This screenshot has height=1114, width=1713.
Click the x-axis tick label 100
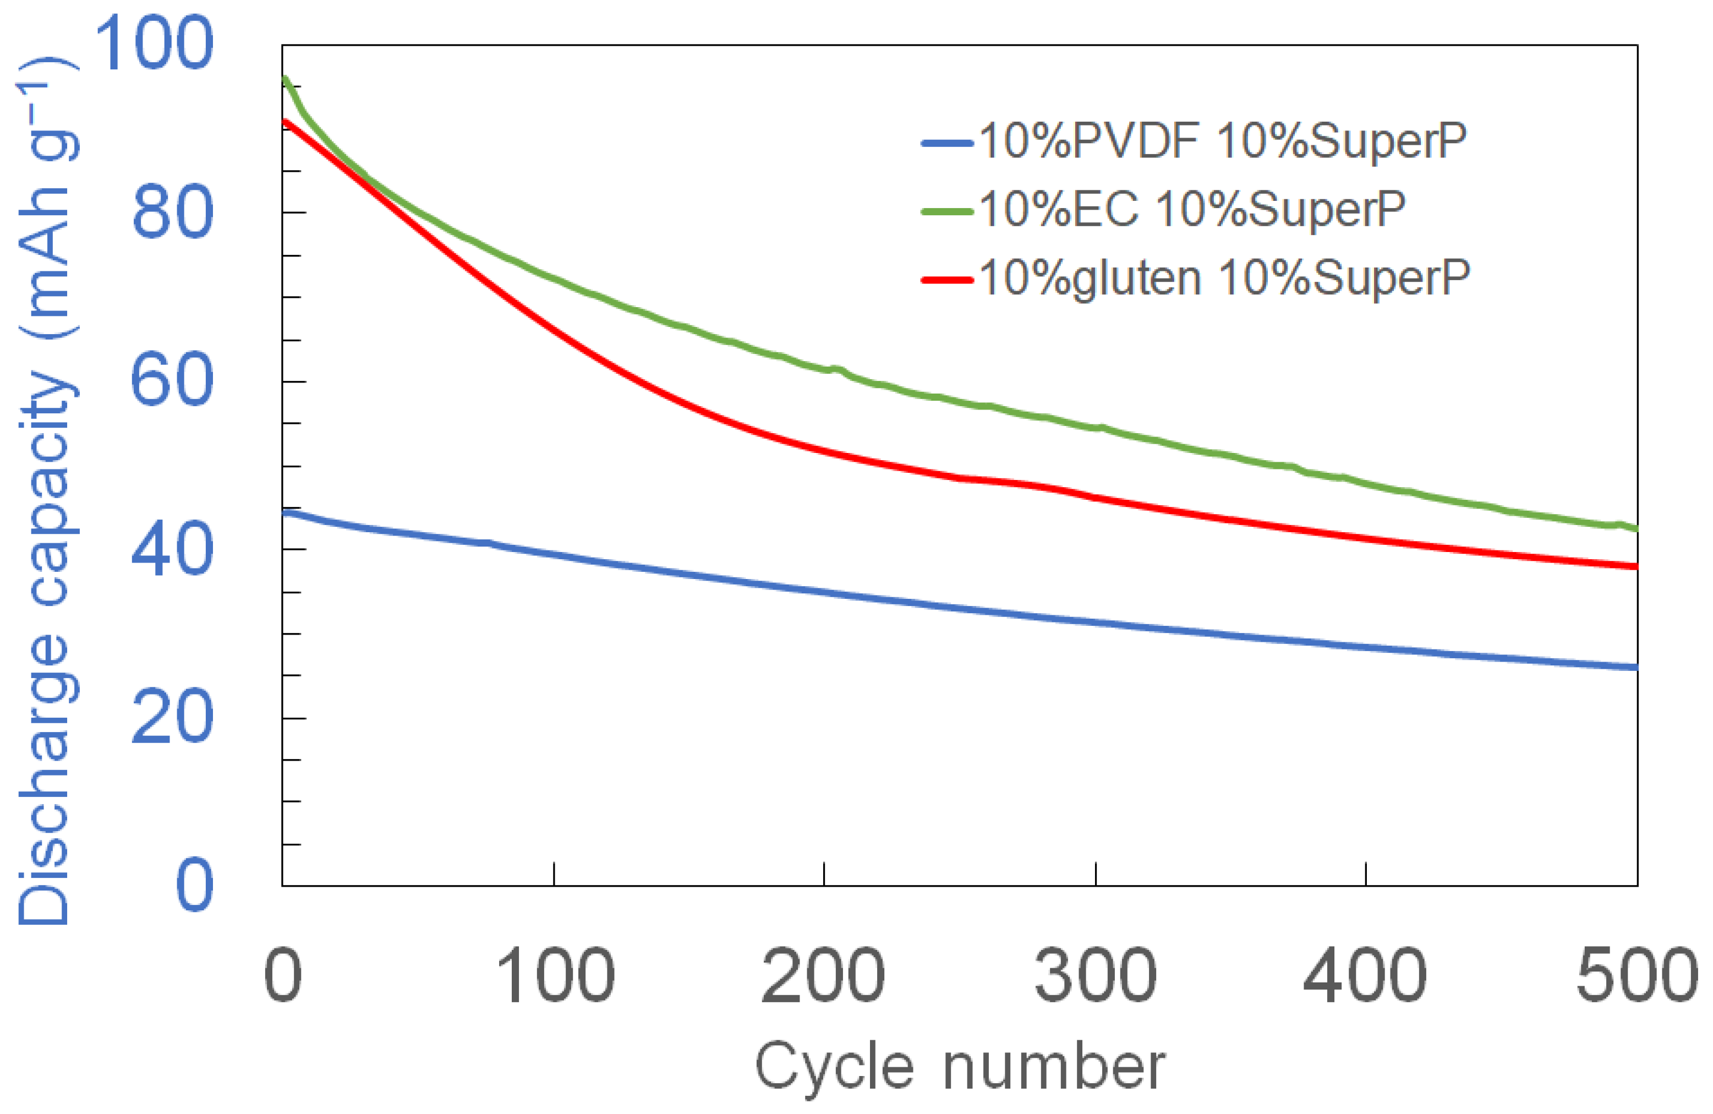(555, 976)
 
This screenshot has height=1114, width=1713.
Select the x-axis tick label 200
(823, 976)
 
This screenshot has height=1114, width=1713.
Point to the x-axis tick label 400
(1365, 976)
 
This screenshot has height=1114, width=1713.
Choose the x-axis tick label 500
(1637, 976)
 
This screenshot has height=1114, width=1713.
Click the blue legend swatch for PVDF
(947, 143)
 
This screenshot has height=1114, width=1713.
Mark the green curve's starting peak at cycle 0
(286, 79)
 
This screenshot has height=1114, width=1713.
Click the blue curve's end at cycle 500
(1635, 668)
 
